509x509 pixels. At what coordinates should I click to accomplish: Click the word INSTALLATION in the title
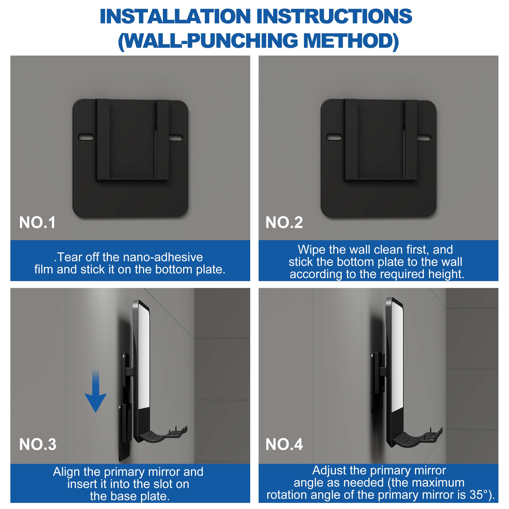coord(175,16)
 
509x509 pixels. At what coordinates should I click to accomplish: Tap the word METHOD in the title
coord(351,41)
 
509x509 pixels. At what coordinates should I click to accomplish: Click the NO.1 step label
coord(37,222)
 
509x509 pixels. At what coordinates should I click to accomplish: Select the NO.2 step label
coord(284,222)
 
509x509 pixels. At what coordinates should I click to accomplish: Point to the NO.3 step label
coord(38,444)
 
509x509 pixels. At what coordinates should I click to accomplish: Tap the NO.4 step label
coord(284,444)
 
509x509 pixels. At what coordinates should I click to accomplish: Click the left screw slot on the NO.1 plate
coord(86,137)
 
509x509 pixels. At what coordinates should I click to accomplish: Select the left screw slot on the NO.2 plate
coord(334,137)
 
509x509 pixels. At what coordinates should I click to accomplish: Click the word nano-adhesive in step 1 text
coord(163,257)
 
